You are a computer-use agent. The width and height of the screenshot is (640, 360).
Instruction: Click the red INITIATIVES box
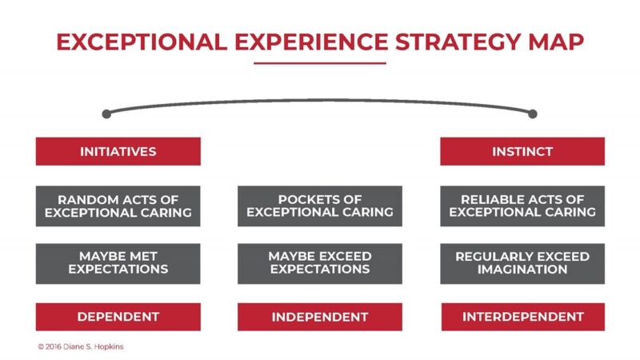click(118, 151)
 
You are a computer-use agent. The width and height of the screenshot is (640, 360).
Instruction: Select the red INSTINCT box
click(522, 151)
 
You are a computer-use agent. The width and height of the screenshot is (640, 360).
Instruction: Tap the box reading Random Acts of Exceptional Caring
click(118, 206)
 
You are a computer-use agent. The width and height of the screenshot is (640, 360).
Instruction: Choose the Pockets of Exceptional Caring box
click(320, 206)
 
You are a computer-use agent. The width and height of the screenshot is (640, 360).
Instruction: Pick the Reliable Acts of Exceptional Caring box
click(522, 206)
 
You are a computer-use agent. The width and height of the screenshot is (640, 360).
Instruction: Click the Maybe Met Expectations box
click(118, 262)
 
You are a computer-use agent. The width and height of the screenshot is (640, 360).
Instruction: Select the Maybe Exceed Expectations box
click(320, 262)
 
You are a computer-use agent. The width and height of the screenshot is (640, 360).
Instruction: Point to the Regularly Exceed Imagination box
click(522, 262)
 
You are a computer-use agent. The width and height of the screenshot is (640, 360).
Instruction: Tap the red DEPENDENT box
click(118, 317)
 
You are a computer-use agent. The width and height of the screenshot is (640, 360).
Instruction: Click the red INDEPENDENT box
click(320, 317)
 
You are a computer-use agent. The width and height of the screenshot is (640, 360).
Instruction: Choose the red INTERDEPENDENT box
click(522, 317)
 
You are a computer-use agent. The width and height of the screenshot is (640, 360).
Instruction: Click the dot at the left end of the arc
click(106, 114)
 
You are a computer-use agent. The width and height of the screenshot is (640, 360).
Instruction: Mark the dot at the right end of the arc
click(533, 114)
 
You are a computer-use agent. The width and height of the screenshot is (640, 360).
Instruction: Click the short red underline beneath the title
click(320, 63)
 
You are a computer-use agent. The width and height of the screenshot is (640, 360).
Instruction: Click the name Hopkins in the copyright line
click(107, 346)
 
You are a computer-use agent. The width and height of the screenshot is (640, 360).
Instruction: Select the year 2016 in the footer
click(54, 346)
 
